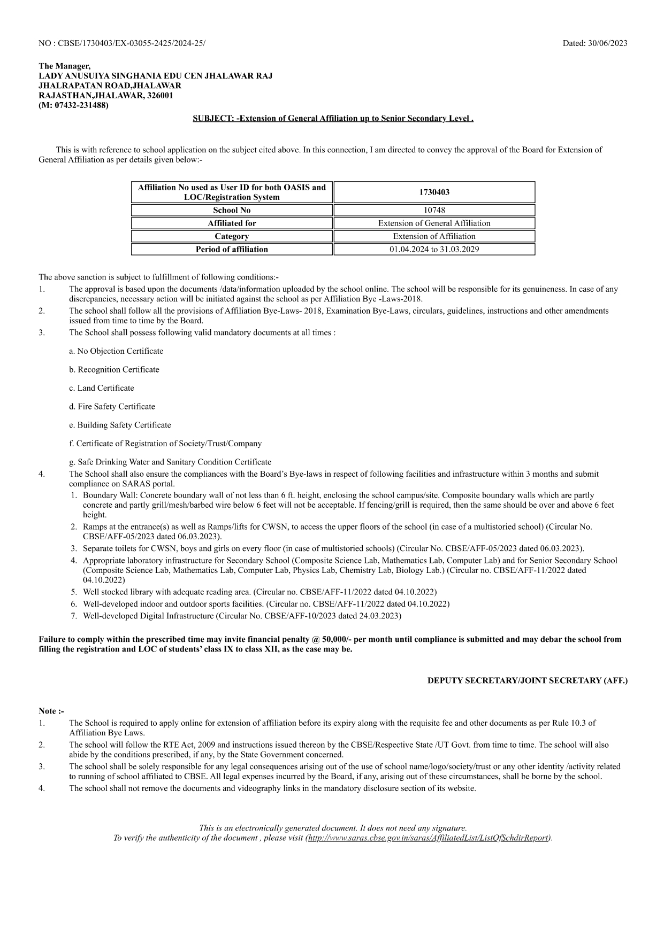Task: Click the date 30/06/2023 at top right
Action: tap(607, 43)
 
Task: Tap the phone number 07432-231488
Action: tap(80, 105)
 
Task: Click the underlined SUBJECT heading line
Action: tap(333, 118)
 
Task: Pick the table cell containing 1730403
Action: tap(434, 192)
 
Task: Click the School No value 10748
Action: tap(434, 210)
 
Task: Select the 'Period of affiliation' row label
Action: tap(232, 249)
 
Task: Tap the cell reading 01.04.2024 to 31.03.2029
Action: tap(434, 249)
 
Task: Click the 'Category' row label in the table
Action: tap(232, 236)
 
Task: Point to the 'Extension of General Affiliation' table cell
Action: tap(434, 223)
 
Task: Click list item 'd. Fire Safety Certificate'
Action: tap(112, 406)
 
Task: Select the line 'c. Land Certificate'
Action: tap(102, 388)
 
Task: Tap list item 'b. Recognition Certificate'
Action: tap(114, 369)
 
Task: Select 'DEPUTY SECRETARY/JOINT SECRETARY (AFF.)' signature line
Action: tap(527, 680)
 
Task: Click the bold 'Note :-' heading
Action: tap(51, 711)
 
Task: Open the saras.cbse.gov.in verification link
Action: tap(428, 838)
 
